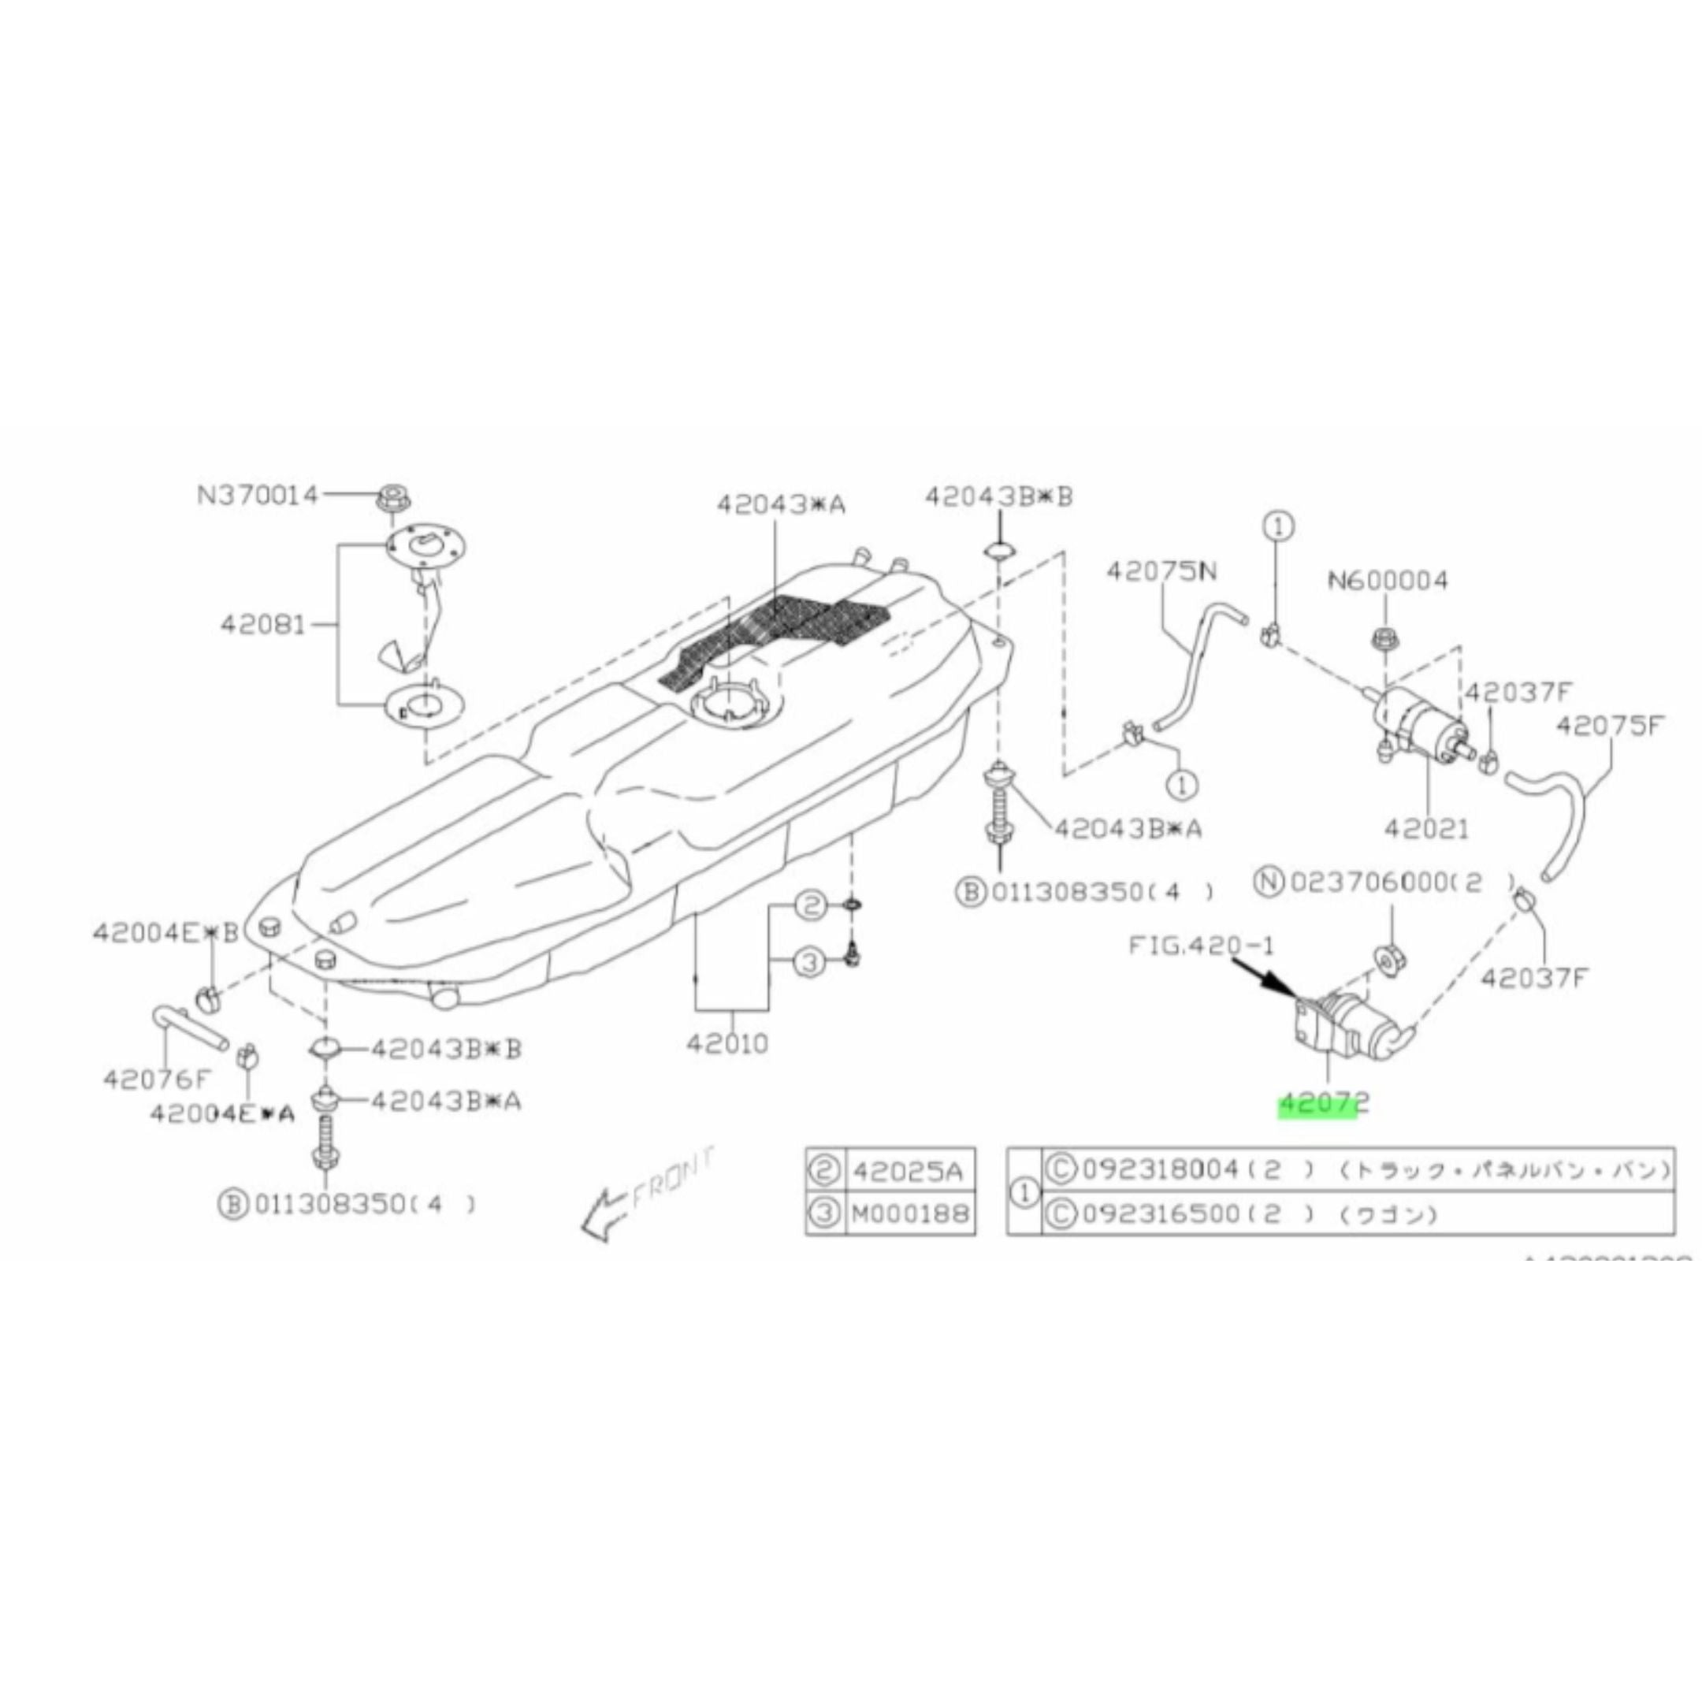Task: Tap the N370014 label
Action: point(256,495)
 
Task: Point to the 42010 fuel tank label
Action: point(727,1044)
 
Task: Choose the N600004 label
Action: point(1388,581)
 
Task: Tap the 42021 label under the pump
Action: point(1426,829)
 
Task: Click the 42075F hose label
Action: point(1611,726)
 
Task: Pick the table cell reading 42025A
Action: point(909,1171)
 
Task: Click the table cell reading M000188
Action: point(909,1215)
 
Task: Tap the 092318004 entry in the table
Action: point(1161,1169)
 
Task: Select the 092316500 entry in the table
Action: point(1161,1215)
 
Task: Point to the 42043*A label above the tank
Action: point(781,504)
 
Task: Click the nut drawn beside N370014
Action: point(392,499)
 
